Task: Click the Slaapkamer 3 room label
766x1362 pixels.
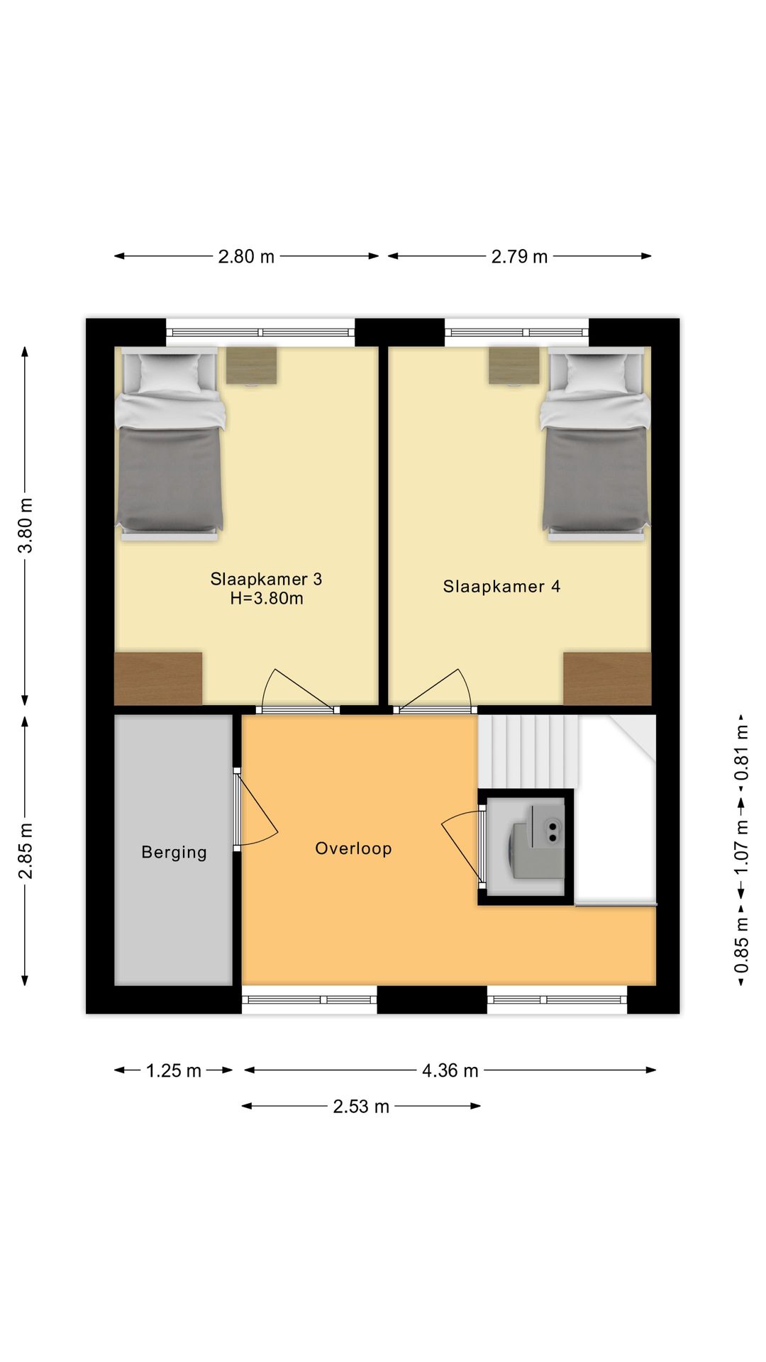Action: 266,579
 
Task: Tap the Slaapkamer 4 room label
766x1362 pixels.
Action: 501,586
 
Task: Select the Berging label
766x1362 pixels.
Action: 174,852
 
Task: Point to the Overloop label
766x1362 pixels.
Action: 353,848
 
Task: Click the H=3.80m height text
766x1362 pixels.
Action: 266,599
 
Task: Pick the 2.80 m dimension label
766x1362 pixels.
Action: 246,256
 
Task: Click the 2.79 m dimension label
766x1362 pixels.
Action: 520,256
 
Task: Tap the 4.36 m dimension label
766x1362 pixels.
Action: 450,1070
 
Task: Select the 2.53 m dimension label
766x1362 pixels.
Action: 361,1106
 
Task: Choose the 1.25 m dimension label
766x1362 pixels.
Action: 174,1070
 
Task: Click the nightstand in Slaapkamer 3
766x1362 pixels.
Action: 252,365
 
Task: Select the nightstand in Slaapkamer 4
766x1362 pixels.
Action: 514,365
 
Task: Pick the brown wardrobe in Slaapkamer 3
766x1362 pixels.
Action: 158,679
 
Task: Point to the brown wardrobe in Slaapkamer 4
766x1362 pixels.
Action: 607,679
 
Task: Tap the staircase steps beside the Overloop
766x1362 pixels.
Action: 528,751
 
